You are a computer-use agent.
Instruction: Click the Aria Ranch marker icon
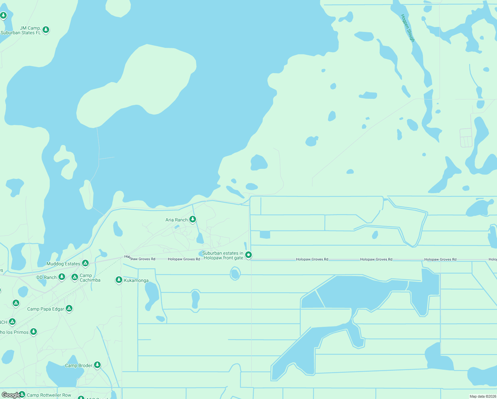(192, 219)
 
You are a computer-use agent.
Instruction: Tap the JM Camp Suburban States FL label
(21, 30)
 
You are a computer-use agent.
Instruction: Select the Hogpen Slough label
(408, 28)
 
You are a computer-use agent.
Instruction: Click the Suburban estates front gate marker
(248, 255)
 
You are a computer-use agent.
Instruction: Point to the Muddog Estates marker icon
(85, 263)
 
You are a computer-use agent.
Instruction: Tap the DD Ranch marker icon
(61, 276)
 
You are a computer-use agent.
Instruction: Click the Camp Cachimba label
(90, 278)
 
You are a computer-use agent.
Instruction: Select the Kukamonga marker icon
(119, 280)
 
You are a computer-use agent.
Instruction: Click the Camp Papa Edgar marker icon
(69, 308)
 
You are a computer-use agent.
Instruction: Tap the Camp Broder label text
(78, 365)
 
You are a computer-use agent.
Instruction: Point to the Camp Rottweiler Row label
(49, 395)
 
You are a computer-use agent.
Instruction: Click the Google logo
(11, 395)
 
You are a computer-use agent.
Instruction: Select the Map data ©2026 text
(482, 396)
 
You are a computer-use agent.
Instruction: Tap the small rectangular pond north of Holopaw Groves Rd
(265, 235)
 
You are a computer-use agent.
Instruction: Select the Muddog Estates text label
(63, 264)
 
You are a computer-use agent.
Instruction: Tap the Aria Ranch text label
(176, 220)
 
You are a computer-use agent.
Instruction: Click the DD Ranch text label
(47, 277)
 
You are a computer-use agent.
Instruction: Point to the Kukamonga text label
(136, 280)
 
